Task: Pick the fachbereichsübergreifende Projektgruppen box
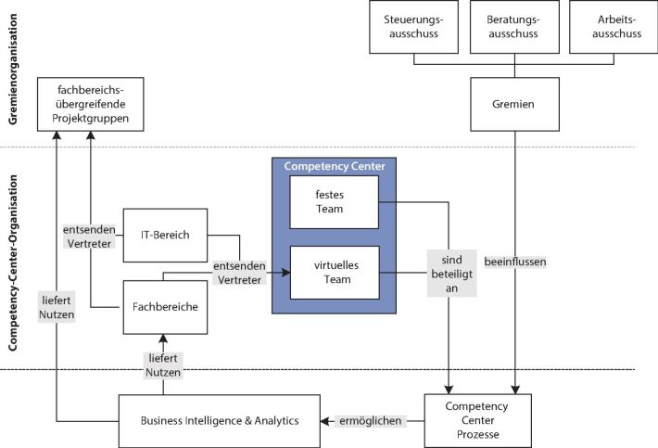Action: click(91, 105)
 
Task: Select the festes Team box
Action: click(334, 202)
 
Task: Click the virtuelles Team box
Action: click(334, 273)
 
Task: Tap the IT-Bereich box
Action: click(164, 234)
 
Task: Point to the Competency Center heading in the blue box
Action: click(334, 165)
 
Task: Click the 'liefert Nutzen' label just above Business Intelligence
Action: click(163, 365)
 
